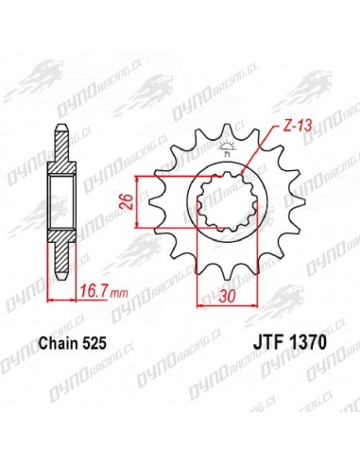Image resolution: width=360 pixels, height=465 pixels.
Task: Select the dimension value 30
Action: [x=228, y=296]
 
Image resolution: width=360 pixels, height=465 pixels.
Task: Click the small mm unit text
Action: [x=119, y=294]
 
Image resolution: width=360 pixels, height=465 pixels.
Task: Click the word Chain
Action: [x=59, y=343]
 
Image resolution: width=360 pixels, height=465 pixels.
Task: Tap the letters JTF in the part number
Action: [x=267, y=343]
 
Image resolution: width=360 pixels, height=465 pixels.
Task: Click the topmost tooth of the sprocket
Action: [x=227, y=131]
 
